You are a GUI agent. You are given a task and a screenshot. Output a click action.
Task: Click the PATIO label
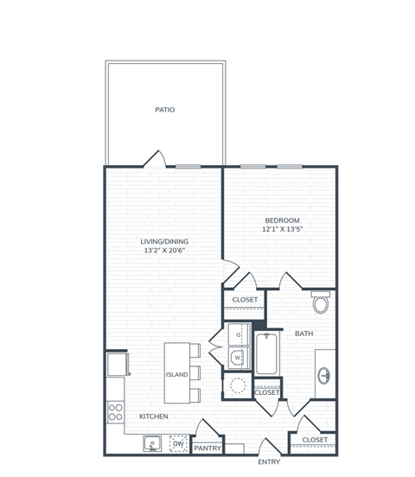(164, 110)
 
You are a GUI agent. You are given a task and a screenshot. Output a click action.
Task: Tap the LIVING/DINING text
(164, 241)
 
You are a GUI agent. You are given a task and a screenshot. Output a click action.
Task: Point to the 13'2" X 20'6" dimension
(164, 251)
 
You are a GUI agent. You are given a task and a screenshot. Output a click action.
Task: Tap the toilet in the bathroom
(321, 302)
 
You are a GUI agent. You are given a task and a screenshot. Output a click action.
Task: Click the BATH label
(303, 333)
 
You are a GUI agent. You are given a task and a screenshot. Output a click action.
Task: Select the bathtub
(268, 353)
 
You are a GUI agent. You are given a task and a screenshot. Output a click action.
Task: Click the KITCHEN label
(153, 417)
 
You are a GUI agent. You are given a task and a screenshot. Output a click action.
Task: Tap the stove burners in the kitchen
(115, 411)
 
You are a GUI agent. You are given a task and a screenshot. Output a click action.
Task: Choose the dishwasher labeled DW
(178, 444)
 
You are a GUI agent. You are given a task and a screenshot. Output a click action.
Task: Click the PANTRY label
(207, 448)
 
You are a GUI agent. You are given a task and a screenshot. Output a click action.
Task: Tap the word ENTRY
(269, 461)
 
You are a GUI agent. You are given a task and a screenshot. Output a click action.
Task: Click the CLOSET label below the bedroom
(245, 300)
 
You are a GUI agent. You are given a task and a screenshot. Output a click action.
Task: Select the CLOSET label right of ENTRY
(315, 440)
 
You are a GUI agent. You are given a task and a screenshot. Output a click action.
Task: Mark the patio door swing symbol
(155, 159)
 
